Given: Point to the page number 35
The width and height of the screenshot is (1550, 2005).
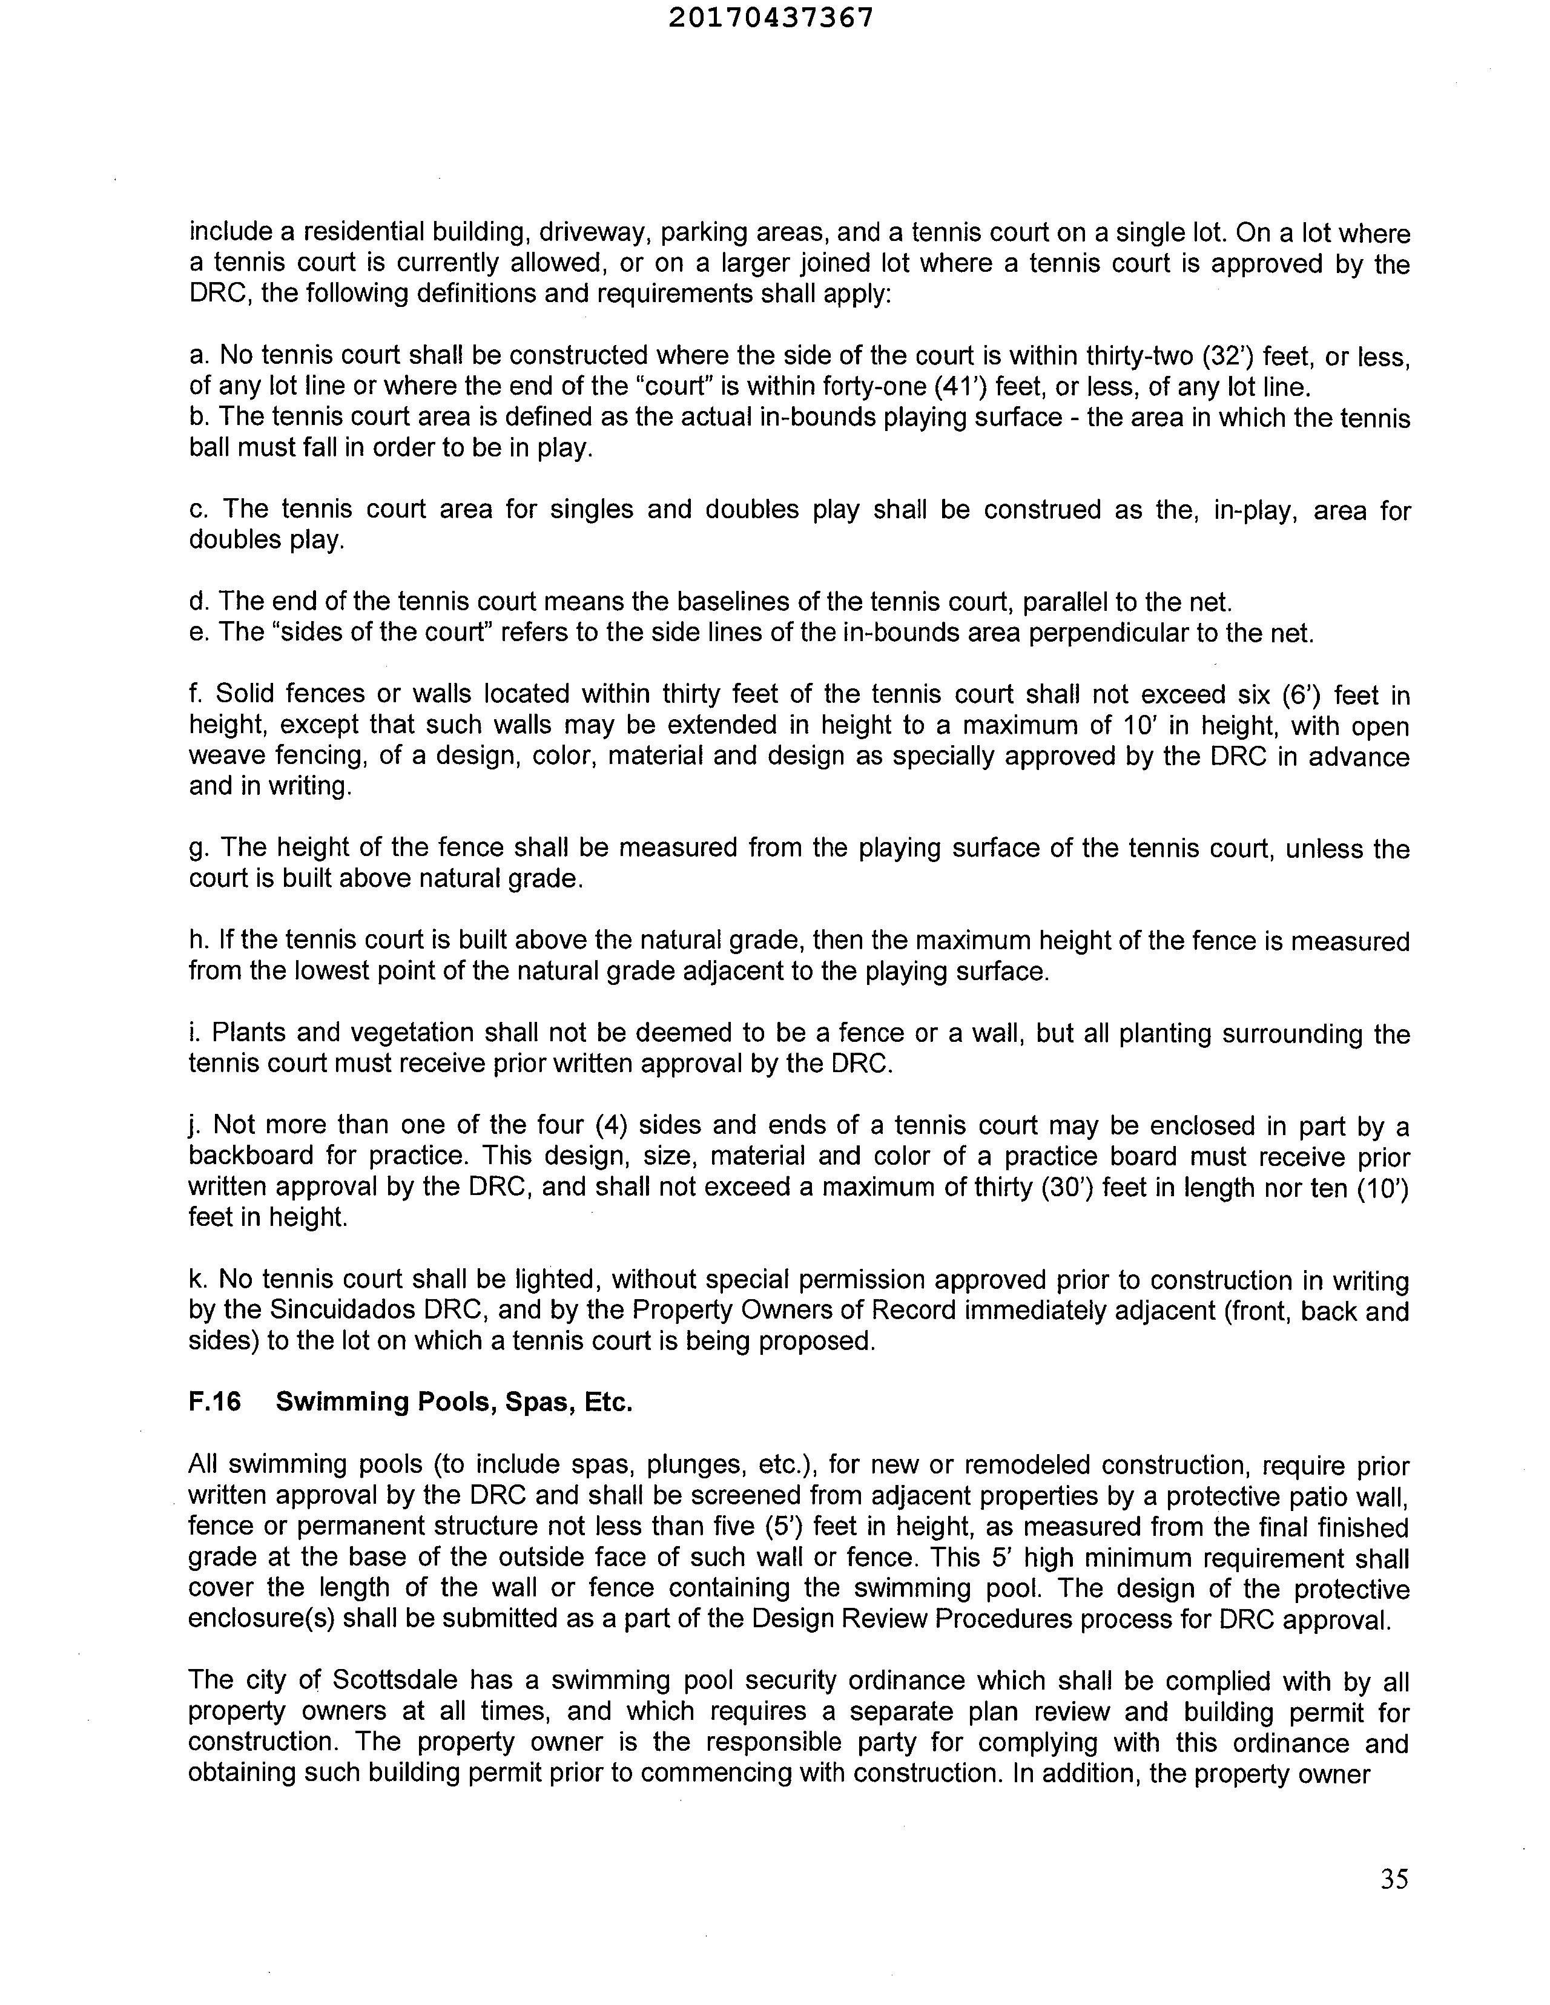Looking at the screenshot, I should pyautogui.click(x=1393, y=1878).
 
